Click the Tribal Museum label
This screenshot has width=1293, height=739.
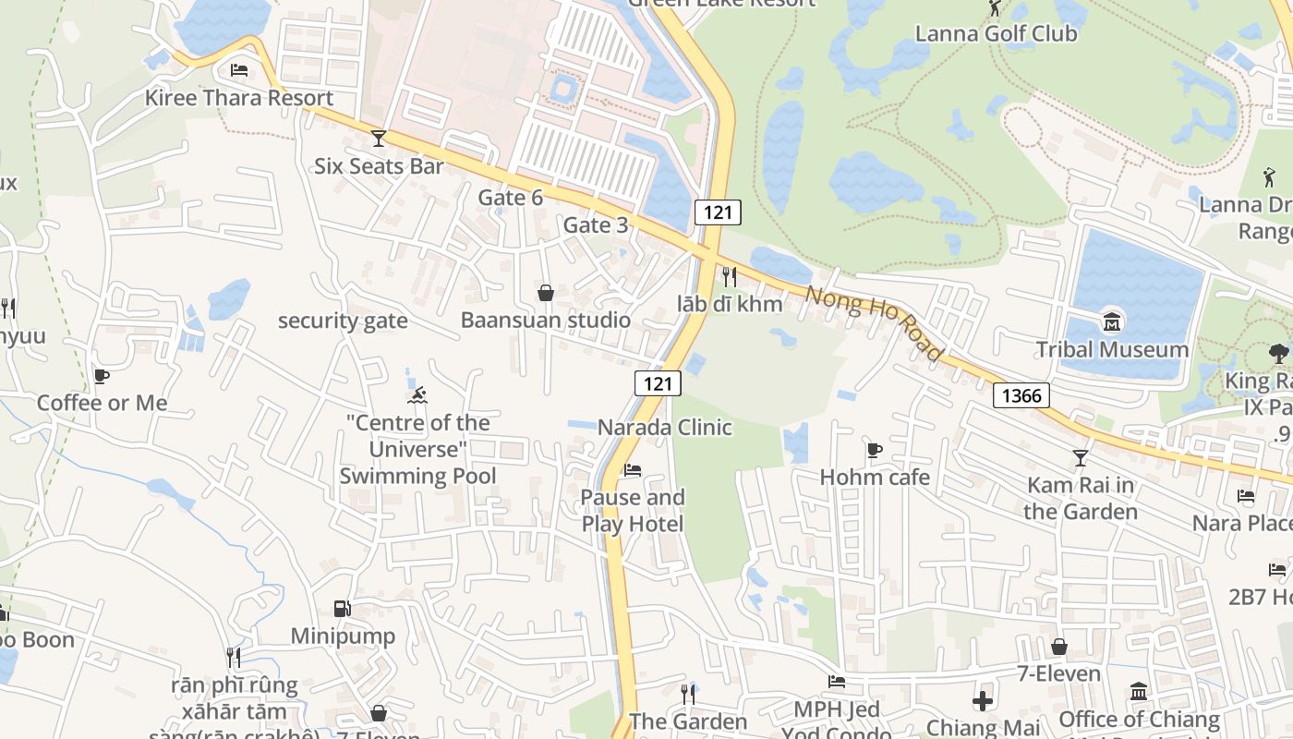coord(1112,349)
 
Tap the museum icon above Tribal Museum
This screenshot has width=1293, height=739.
coord(1112,322)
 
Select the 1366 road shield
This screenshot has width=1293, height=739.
coord(1021,396)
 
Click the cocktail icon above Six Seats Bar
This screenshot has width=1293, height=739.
coord(378,139)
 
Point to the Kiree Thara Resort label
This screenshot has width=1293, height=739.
coord(239,98)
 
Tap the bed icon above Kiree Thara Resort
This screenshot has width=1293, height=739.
coord(239,70)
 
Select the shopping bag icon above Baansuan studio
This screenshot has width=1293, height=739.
coord(546,293)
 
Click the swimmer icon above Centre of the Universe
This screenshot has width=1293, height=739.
coord(417,396)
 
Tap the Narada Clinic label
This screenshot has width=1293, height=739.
coord(665,428)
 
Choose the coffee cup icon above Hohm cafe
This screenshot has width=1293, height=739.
coord(875,451)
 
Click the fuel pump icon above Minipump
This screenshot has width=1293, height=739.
coord(342,609)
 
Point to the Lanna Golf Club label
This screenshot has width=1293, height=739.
coord(996,34)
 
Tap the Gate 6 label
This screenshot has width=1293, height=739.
coord(511,198)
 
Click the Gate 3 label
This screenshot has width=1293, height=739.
coord(596,225)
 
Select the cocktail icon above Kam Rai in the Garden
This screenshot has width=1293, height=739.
coord(1080,458)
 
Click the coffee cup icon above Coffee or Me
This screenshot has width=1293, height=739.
coord(102,376)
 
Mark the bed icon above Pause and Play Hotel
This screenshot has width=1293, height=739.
coord(633,470)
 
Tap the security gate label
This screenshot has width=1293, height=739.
coord(343,321)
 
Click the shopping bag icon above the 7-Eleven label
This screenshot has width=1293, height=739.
coord(1059,647)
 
